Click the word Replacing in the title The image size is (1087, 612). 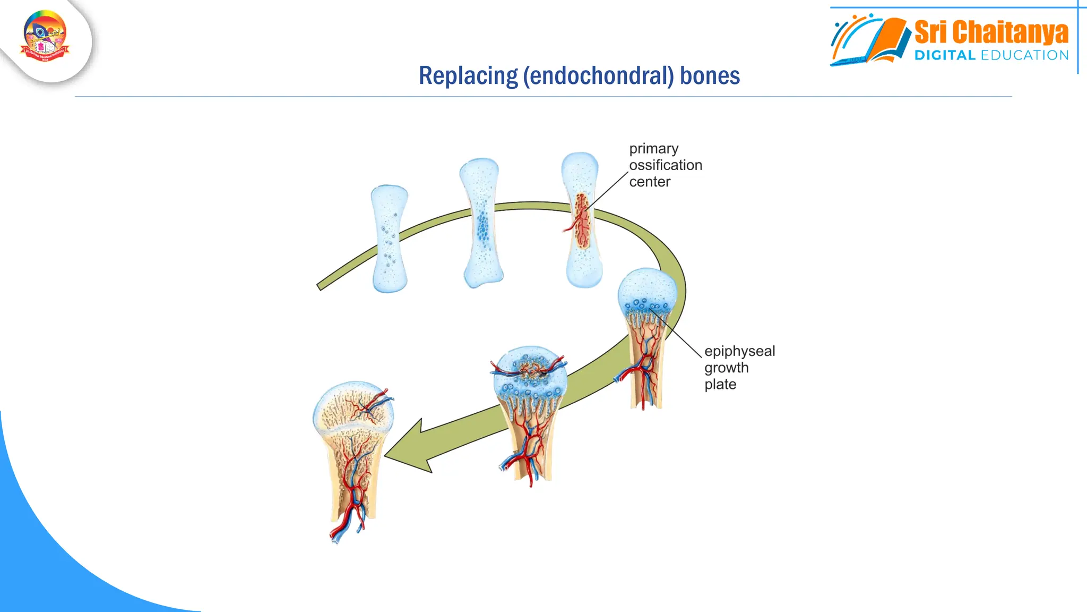[468, 76]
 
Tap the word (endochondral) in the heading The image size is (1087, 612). [598, 76]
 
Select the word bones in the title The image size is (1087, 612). [710, 76]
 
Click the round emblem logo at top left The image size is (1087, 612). [45, 36]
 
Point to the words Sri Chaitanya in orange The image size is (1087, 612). [991, 32]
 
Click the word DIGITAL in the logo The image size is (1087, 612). [945, 55]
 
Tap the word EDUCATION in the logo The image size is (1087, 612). [1024, 55]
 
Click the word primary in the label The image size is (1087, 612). [653, 149]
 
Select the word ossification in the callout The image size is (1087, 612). [666, 165]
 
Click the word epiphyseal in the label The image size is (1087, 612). [739, 351]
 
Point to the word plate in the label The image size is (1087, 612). [720, 384]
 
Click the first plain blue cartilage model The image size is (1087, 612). [390, 239]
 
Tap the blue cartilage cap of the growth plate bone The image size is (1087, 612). [647, 290]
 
